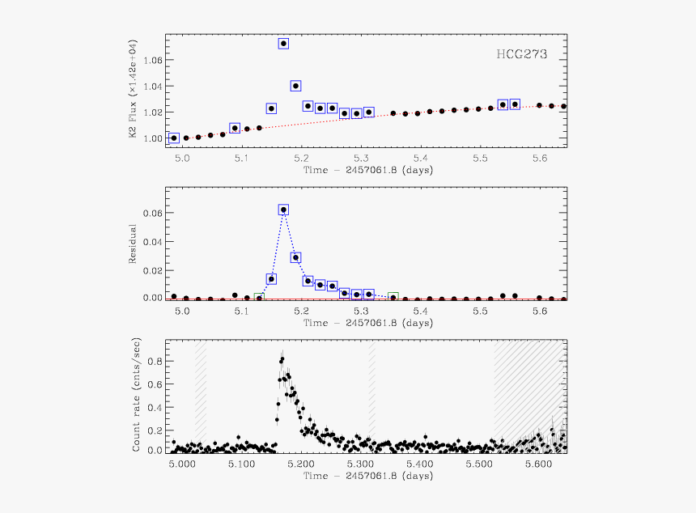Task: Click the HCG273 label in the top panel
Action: pos(522,55)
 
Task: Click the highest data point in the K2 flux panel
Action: pos(283,44)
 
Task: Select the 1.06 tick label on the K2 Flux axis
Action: pos(151,61)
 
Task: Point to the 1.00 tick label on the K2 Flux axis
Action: pos(151,138)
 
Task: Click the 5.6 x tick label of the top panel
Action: pos(540,159)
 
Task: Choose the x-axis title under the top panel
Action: pos(367,170)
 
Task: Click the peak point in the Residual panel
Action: pos(283,210)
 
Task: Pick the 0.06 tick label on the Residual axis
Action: pos(151,214)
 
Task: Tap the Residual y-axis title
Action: pos(133,244)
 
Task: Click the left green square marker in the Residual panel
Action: pos(259,298)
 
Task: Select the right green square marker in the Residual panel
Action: pos(393,297)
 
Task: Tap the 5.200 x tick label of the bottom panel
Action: pos(300,464)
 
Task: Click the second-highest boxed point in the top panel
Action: pos(295,86)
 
